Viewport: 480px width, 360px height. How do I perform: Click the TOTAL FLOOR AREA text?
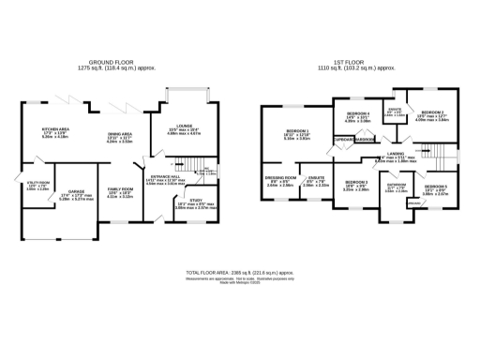[x=239, y=272]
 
